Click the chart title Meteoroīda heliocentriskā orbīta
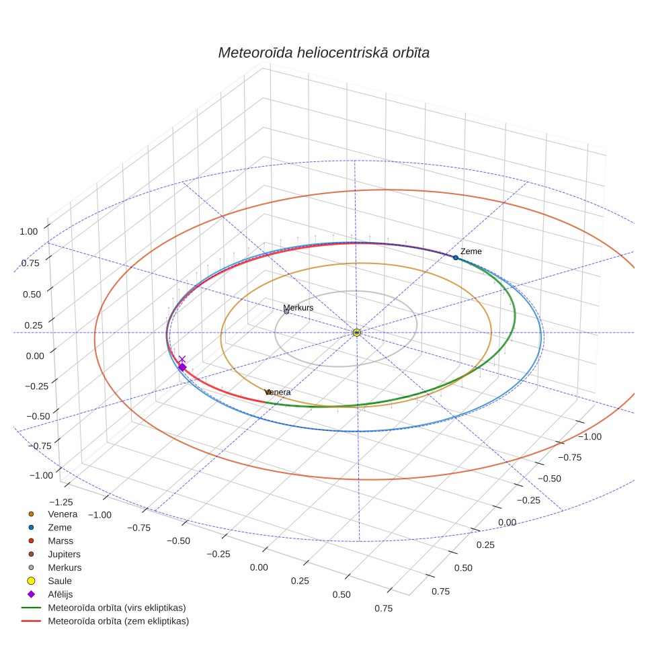pyautogui.click(x=323, y=53)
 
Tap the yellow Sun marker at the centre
pyautogui.click(x=357, y=333)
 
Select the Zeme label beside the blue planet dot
pyautogui.click(x=471, y=251)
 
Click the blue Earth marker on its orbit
pyautogui.click(x=456, y=258)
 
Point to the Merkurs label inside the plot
pyautogui.click(x=298, y=308)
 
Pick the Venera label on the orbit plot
pyautogui.click(x=278, y=392)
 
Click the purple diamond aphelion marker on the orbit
pyautogui.click(x=182, y=367)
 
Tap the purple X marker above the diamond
pyautogui.click(x=182, y=359)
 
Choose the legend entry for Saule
pyautogui.click(x=60, y=581)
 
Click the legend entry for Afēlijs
pyautogui.click(x=60, y=594)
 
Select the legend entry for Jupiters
pyautogui.click(x=64, y=554)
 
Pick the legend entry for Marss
pyautogui.click(x=60, y=541)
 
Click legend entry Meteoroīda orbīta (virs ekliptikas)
pyautogui.click(x=117, y=608)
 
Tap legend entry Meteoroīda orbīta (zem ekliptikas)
pyautogui.click(x=118, y=621)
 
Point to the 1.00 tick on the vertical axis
pyautogui.click(x=28, y=231)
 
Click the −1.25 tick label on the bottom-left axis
pyautogui.click(x=60, y=503)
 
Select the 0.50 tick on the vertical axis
pyautogui.click(x=32, y=294)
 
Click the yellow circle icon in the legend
pyautogui.click(x=31, y=581)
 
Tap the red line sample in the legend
pyautogui.click(x=31, y=621)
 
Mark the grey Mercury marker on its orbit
pyautogui.click(x=286, y=312)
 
